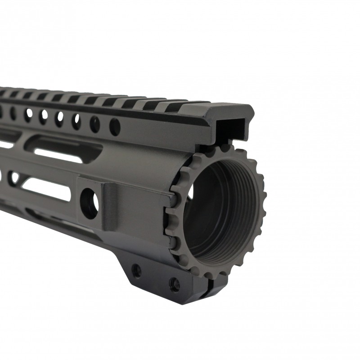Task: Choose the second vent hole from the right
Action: [x=94, y=123]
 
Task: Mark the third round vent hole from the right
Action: [x=76, y=121]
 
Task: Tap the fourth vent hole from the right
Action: [x=59, y=118]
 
